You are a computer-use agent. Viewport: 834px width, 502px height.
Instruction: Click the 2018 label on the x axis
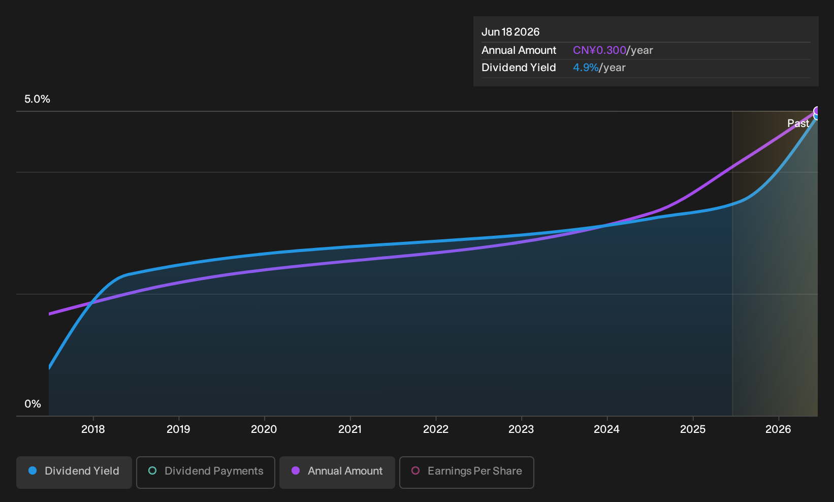coord(93,429)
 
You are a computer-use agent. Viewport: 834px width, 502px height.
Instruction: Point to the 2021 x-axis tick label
coord(350,429)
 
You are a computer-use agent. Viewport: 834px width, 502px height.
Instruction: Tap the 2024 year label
coord(607,429)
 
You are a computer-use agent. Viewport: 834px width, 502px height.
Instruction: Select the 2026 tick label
coord(778,429)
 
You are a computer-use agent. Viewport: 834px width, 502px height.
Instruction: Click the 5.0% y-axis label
coord(37,99)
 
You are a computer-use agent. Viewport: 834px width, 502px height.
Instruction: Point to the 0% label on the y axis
coord(33,404)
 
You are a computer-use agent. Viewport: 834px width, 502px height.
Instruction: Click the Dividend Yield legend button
coord(74,472)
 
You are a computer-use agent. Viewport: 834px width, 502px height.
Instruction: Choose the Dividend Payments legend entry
coord(206,472)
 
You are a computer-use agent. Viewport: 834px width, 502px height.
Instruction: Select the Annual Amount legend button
coord(337,472)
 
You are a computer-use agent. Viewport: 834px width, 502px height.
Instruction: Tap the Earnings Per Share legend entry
coord(466,472)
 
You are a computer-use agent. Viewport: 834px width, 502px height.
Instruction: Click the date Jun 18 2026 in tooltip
coord(510,32)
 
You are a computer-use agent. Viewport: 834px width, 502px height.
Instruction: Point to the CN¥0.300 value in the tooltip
coord(599,50)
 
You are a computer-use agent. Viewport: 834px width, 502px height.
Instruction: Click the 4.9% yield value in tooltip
coord(586,68)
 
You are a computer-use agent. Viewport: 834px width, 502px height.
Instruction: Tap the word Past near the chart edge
coord(798,123)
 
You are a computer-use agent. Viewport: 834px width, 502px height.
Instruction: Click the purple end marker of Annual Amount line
coord(817,111)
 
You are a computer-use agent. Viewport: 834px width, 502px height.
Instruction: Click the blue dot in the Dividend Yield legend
coord(33,470)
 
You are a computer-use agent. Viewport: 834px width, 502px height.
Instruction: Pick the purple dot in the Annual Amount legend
coord(296,470)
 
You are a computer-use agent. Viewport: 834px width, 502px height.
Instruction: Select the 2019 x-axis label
coord(179,429)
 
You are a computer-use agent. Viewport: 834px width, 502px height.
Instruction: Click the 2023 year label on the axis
coord(521,429)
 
